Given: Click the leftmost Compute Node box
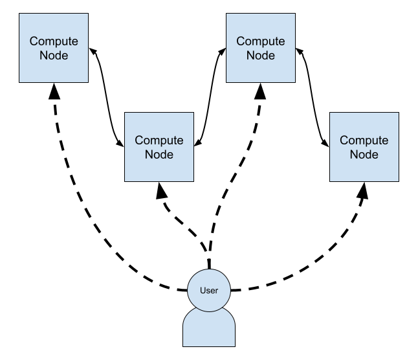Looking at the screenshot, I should click(x=54, y=48).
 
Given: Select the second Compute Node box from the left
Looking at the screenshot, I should click(x=159, y=147).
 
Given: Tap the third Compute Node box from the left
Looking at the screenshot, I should click(x=261, y=48).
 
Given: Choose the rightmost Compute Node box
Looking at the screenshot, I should click(x=364, y=147).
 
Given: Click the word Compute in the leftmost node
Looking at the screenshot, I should click(x=54, y=41).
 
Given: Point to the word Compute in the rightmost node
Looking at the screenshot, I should click(x=364, y=141).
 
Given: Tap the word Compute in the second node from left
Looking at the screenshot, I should click(x=159, y=141).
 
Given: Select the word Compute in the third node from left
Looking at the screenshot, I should click(x=261, y=41).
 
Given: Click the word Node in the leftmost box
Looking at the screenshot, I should click(x=54, y=56).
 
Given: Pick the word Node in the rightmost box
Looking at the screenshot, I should click(x=364, y=155).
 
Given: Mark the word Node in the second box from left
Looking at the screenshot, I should click(x=159, y=155).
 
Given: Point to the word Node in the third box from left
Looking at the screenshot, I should click(x=261, y=56).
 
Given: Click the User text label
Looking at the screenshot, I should click(x=209, y=291).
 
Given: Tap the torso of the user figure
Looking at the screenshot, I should click(x=209, y=329).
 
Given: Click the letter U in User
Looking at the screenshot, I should click(x=203, y=291).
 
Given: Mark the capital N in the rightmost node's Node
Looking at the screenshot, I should click(x=354, y=155).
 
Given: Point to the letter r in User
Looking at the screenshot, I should click(x=217, y=291).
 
